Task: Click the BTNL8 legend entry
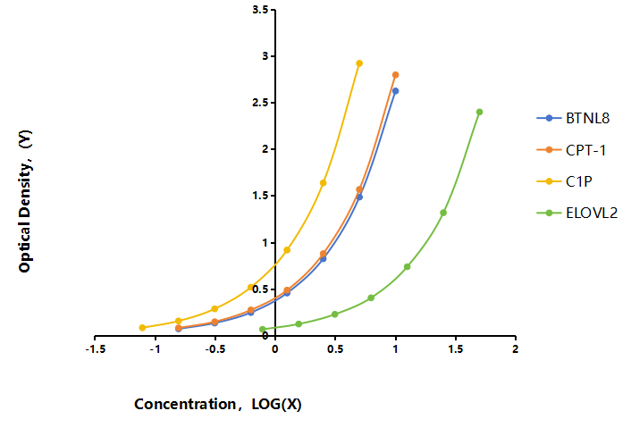[x=573, y=118]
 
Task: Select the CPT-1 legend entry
[x=571, y=150]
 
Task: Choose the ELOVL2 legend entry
[x=577, y=213]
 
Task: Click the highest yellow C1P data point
[x=359, y=63]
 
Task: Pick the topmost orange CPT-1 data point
[x=396, y=75]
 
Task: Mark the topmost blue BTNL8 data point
[x=396, y=91]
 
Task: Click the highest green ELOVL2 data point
[x=479, y=112]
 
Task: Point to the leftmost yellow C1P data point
[x=142, y=327]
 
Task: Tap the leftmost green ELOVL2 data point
[x=263, y=329]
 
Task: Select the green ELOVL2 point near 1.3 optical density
[x=443, y=213]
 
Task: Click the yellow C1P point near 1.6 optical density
[x=324, y=182]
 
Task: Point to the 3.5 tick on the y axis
[x=273, y=9]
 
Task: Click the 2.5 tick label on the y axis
[x=260, y=103]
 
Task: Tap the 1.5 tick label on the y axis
[x=260, y=196]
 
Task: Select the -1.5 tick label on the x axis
[x=96, y=348]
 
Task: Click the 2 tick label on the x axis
[x=515, y=348]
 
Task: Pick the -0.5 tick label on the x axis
[x=215, y=348]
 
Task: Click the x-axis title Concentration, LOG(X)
[x=218, y=404]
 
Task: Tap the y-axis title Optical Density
[x=24, y=201]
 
